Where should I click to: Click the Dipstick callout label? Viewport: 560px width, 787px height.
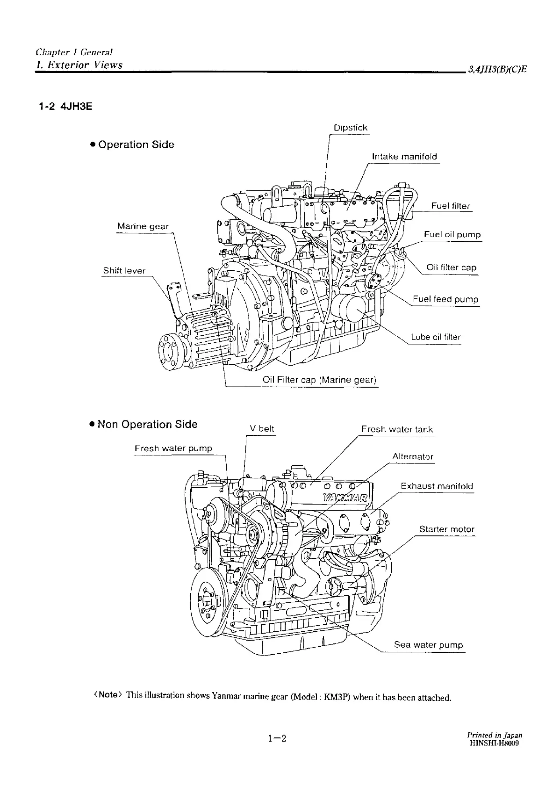[x=350, y=128]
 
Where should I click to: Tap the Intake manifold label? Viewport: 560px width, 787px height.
[x=404, y=156]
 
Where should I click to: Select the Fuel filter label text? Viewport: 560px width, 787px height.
[x=450, y=206]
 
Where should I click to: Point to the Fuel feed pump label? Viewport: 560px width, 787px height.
[x=445, y=299]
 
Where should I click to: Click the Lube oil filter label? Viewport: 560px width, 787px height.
[x=436, y=337]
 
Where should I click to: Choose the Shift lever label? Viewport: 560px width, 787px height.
[x=124, y=271]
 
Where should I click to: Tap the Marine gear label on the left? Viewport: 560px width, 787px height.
[x=143, y=226]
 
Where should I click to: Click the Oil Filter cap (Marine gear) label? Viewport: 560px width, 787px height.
[x=319, y=380]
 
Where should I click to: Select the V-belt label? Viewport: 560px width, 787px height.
[x=262, y=429]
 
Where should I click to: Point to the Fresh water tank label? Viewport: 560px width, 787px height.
[x=397, y=429]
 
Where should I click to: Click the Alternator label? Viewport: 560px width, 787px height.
[x=413, y=456]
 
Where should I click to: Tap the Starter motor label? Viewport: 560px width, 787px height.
[x=446, y=529]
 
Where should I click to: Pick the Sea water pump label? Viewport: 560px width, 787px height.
[x=428, y=645]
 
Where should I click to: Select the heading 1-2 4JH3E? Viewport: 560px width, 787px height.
[x=65, y=107]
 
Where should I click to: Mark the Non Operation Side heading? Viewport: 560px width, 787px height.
[x=144, y=424]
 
